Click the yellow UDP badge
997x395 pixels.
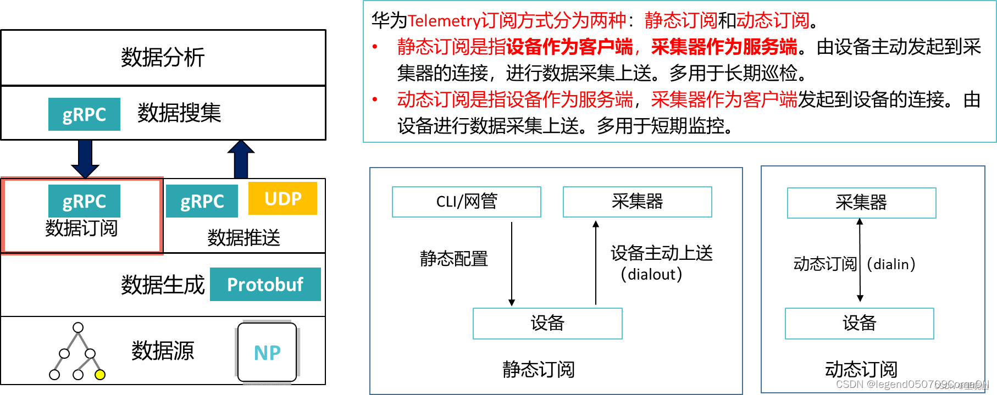pyautogui.click(x=283, y=198)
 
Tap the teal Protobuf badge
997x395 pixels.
pyautogui.click(x=265, y=285)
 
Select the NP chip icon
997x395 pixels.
pyautogui.click(x=267, y=352)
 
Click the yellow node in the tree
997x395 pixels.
pyautogui.click(x=99, y=375)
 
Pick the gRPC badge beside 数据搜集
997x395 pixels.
pyautogui.click(x=84, y=114)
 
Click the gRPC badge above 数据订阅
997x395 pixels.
pyautogui.click(x=84, y=201)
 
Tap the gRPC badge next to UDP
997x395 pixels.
pyautogui.click(x=202, y=201)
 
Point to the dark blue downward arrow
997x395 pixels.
pyautogui.click(x=85, y=158)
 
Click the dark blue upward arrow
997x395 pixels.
pyautogui.click(x=241, y=159)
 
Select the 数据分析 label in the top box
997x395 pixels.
pyautogui.click(x=163, y=57)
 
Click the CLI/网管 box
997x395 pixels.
pyautogui.click(x=466, y=202)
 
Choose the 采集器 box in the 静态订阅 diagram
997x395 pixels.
pyautogui.click(x=637, y=202)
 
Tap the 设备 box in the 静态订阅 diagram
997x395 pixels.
pyautogui.click(x=547, y=323)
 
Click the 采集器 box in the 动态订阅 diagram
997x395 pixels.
pyautogui.click(x=861, y=203)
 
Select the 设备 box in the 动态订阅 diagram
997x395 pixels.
pyautogui.click(x=859, y=323)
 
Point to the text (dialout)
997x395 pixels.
pyautogui.click(x=651, y=274)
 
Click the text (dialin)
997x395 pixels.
pyautogui.click(x=891, y=264)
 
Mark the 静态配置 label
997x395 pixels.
pyautogui.click(x=454, y=258)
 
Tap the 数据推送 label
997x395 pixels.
pyautogui.click(x=243, y=238)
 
